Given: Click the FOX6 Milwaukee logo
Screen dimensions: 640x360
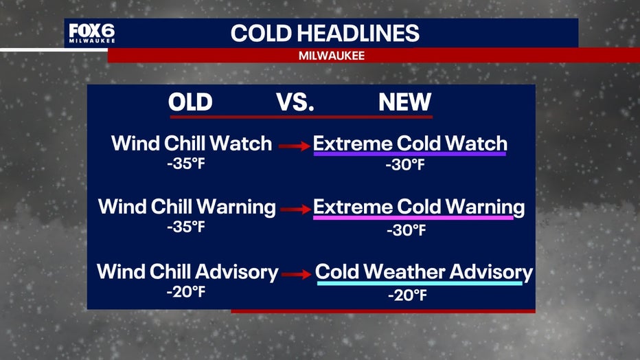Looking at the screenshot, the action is [x=92, y=33].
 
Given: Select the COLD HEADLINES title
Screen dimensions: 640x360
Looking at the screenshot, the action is [x=325, y=34].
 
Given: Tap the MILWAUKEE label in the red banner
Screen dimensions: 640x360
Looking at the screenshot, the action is [x=332, y=56].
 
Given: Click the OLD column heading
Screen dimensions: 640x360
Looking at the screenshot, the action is [x=190, y=102].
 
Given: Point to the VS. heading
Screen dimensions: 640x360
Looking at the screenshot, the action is [x=295, y=102].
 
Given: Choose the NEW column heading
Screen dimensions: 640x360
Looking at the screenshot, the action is [x=404, y=102].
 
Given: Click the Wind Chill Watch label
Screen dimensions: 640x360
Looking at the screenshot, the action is [x=192, y=144].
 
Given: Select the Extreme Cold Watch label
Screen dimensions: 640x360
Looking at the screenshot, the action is [x=410, y=144].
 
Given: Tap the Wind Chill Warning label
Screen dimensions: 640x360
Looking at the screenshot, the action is [x=187, y=207].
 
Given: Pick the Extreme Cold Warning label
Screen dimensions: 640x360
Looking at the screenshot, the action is [x=419, y=207].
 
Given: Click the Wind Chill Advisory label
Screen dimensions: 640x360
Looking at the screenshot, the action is [x=187, y=272].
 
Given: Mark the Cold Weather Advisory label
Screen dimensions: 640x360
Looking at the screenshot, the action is [x=424, y=272].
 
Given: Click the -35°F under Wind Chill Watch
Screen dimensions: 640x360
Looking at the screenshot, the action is [x=185, y=164].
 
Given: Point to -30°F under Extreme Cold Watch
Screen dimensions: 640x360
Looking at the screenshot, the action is [x=405, y=165].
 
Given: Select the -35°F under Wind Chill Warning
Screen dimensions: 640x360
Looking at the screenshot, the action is [x=185, y=227].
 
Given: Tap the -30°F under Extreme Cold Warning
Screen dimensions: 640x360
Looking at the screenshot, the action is [x=406, y=231].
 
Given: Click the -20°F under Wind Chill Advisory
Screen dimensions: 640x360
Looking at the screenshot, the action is [x=185, y=292].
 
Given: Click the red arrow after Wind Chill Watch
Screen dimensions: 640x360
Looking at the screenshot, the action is [x=295, y=146].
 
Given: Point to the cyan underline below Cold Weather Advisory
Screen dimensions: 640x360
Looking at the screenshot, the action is [x=420, y=283].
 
